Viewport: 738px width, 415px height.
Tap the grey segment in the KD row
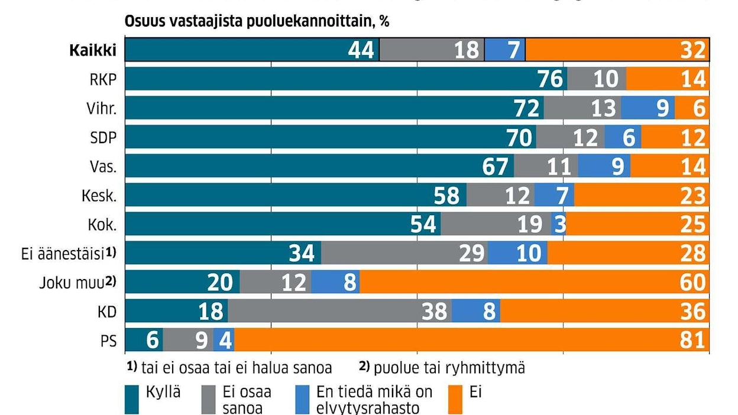pyautogui.click(x=339, y=311)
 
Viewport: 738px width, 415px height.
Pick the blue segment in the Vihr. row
pyautogui.click(x=648, y=108)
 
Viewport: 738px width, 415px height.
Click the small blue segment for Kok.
pyautogui.click(x=559, y=224)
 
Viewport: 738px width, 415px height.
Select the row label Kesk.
pyautogui.click(x=100, y=195)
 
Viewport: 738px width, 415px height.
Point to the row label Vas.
pyautogui.click(x=103, y=166)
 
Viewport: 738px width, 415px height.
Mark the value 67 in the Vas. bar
pyautogui.click(x=496, y=166)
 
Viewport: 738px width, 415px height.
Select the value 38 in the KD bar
pyautogui.click(x=434, y=311)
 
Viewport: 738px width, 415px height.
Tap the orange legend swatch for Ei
pyautogui.click(x=457, y=399)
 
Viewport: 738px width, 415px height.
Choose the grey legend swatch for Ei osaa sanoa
pyautogui.click(x=209, y=399)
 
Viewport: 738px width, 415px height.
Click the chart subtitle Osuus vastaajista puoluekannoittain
pyautogui.click(x=257, y=21)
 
